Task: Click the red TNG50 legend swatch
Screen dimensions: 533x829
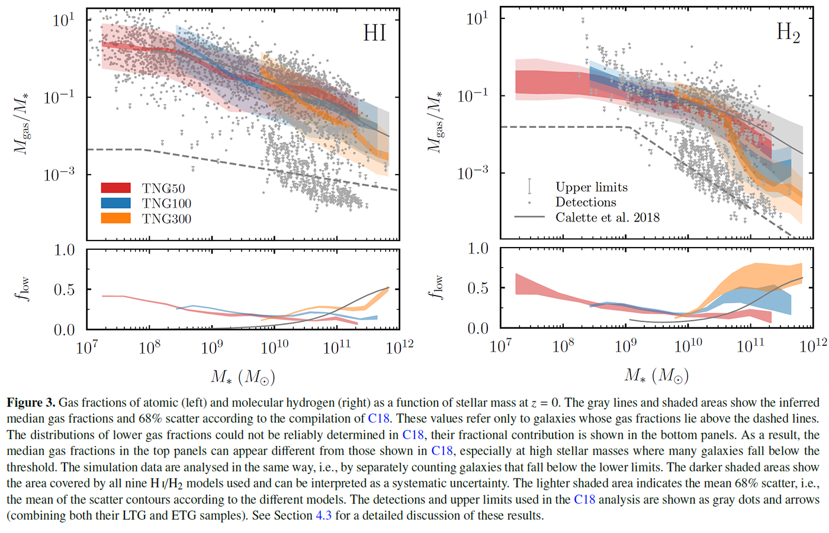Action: [x=115, y=188]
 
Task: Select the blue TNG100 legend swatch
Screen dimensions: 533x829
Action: [x=115, y=203]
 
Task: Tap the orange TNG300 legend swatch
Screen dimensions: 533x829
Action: [x=115, y=219]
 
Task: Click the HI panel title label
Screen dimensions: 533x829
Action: [x=374, y=33]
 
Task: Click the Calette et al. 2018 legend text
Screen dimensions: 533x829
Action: [x=607, y=217]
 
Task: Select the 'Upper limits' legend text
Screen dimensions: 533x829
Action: [x=591, y=187]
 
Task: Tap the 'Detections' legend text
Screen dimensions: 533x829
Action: [x=585, y=202]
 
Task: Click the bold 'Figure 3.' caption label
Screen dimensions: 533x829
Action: [x=31, y=403]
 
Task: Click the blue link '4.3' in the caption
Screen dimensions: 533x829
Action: [x=323, y=515]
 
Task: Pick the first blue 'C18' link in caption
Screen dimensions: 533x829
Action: [x=378, y=419]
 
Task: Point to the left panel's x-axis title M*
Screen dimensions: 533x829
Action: [x=243, y=377]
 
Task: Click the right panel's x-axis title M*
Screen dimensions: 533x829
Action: [x=656, y=375]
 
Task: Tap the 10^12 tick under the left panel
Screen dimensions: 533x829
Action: [x=400, y=346]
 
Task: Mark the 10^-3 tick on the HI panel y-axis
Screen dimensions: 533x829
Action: [x=59, y=174]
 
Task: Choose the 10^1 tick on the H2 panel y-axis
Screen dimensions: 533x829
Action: [x=477, y=18]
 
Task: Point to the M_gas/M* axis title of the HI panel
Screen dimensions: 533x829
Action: [x=22, y=124]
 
